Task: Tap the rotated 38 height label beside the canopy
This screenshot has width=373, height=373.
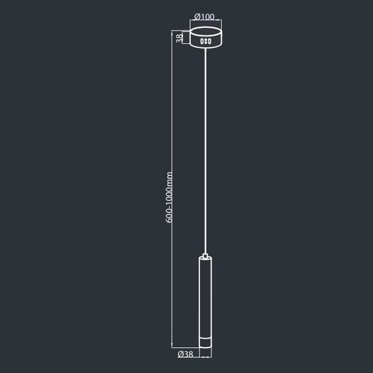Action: (x=180, y=38)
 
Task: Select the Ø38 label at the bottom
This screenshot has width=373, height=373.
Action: (x=185, y=354)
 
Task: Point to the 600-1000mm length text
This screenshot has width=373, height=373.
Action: (x=170, y=197)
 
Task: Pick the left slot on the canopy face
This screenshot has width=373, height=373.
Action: (x=201, y=42)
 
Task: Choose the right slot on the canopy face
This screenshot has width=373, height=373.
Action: (x=210, y=42)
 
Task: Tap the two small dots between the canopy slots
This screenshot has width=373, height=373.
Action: (x=205, y=42)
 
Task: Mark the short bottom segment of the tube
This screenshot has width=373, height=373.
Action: (x=205, y=342)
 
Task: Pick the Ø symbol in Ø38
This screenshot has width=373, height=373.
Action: (x=180, y=354)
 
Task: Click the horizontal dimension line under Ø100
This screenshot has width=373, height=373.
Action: (x=205, y=25)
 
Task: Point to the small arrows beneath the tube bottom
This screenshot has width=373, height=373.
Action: (x=205, y=357)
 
